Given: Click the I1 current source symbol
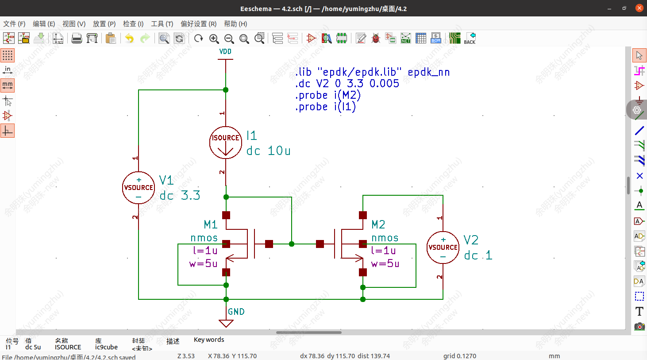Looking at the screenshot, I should [x=225, y=143].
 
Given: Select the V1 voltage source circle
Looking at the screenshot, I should [x=139, y=188].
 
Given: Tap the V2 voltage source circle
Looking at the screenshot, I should [x=443, y=248].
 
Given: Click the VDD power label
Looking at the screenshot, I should [x=225, y=52].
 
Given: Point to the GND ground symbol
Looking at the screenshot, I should [x=226, y=322].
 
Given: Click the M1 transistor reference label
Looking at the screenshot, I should [x=211, y=225].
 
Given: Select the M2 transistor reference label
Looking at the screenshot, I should [x=378, y=225].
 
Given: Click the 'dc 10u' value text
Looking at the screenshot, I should [x=268, y=151].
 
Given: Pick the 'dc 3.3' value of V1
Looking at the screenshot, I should [x=180, y=195].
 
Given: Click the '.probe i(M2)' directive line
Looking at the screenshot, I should [x=328, y=95].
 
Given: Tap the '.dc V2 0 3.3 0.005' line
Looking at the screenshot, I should [x=347, y=84].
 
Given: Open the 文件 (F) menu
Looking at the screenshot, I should [x=15, y=24].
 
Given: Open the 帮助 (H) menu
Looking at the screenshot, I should [x=235, y=24].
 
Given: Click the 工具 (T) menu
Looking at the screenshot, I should [x=162, y=24].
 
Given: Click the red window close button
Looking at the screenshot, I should [x=639, y=8].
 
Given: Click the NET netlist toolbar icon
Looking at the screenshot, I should [x=405, y=39].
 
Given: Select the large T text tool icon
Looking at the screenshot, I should [x=639, y=312].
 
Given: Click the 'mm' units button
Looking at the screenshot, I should [x=8, y=85].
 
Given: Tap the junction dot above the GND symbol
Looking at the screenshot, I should [x=226, y=299].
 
